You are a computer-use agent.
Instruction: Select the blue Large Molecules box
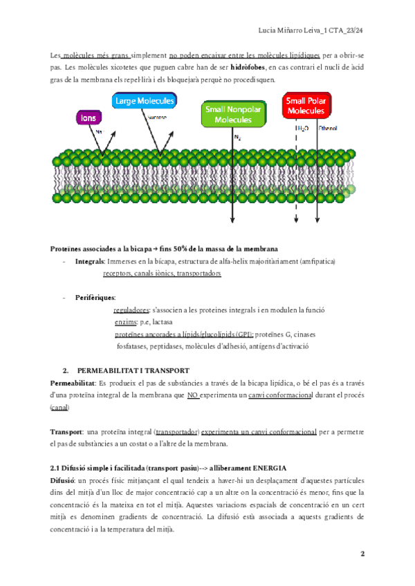145,102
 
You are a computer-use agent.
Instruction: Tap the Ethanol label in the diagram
327,128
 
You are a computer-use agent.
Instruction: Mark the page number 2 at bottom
362,554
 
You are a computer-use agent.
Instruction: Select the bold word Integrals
91,262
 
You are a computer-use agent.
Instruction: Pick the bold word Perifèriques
95,296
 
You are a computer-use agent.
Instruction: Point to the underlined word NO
194,395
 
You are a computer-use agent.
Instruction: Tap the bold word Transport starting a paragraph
67,431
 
